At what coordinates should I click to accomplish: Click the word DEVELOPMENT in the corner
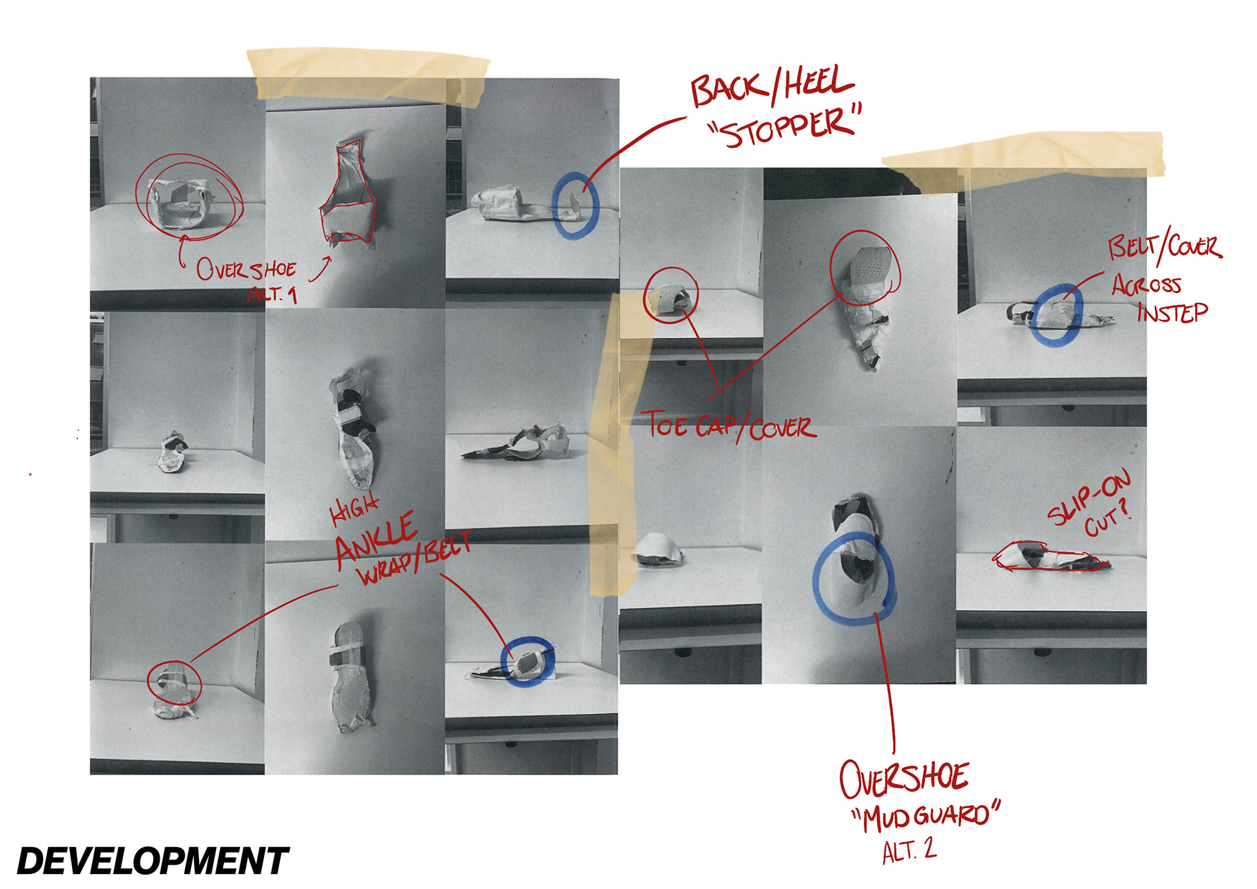click(153, 860)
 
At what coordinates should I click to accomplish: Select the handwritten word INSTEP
click(1173, 312)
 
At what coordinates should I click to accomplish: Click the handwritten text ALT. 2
click(909, 850)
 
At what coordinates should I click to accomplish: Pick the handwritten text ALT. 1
click(272, 294)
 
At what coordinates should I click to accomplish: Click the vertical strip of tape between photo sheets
click(614, 445)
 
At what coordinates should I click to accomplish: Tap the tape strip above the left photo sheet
click(369, 74)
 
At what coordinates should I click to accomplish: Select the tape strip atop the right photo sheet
click(1023, 157)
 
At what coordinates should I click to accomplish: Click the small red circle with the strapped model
click(174, 683)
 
